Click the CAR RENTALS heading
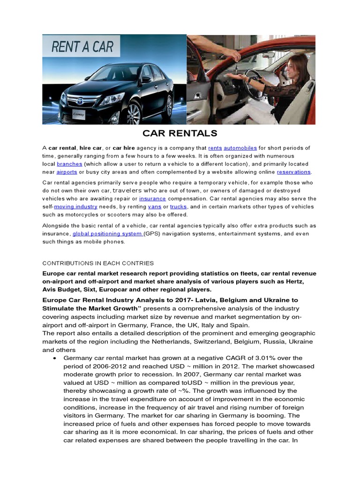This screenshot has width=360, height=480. [180, 133]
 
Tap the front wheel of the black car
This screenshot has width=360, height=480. [133, 113]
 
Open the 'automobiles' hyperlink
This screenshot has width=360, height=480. [240, 148]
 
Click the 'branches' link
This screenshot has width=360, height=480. [69, 164]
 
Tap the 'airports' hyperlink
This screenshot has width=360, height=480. [67, 172]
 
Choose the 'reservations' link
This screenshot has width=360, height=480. [294, 172]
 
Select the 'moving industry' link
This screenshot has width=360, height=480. [76, 206]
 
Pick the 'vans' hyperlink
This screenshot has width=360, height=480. [154, 206]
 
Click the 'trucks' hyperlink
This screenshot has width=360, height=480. [179, 206]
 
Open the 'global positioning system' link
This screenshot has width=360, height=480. [107, 234]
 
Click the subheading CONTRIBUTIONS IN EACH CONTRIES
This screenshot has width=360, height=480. [98, 263]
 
